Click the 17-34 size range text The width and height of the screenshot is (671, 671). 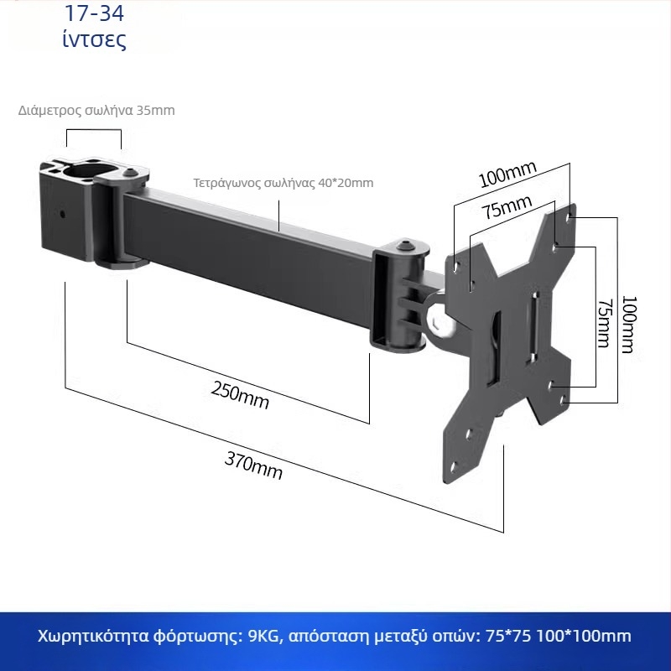point(94,13)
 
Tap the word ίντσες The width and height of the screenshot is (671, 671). point(95,39)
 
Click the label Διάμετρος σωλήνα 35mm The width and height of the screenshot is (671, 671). point(96,111)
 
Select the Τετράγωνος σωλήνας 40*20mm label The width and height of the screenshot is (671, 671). point(283,183)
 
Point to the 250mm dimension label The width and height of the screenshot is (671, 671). point(240,395)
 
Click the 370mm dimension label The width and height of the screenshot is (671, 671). point(253,466)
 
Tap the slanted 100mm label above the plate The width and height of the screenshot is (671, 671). point(507,174)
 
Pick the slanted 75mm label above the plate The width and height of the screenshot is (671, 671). point(507,207)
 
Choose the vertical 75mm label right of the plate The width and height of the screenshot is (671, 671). point(605,323)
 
